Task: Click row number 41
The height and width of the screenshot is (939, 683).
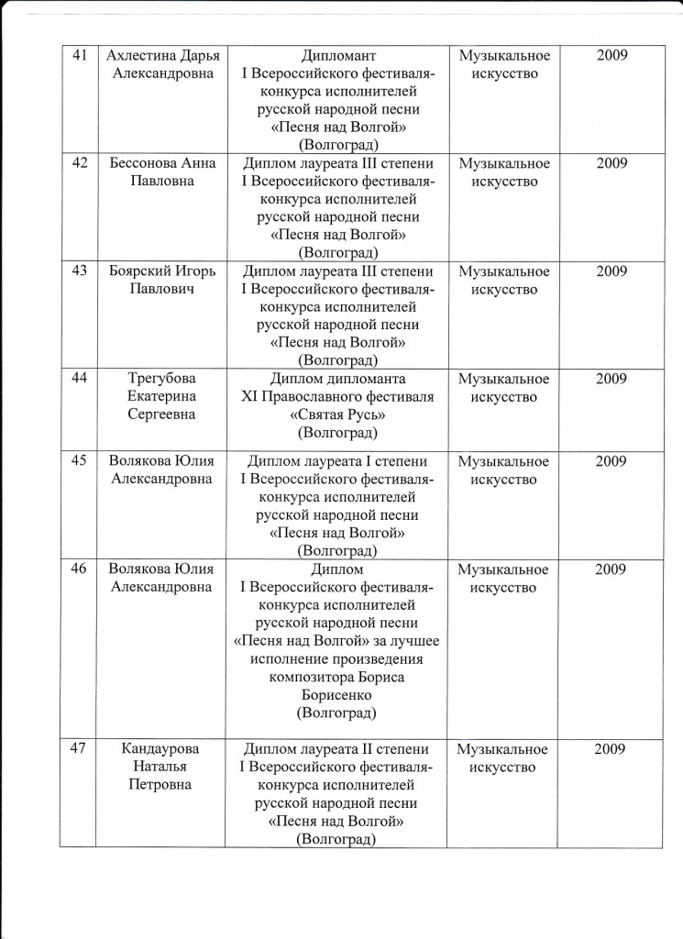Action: coord(79,55)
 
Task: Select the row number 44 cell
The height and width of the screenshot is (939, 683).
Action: coord(79,380)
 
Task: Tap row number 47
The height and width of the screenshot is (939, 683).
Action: coord(79,749)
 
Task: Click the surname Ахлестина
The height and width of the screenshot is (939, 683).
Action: coord(138,55)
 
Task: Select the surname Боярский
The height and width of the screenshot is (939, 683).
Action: coord(138,271)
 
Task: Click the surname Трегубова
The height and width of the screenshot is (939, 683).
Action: coord(161,380)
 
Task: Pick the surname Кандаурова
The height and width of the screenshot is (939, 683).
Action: coord(161,749)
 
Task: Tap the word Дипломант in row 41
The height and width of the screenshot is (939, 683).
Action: coord(338,55)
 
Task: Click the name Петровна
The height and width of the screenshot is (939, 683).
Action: coord(161,786)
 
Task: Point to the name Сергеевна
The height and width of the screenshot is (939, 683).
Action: coord(161,415)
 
